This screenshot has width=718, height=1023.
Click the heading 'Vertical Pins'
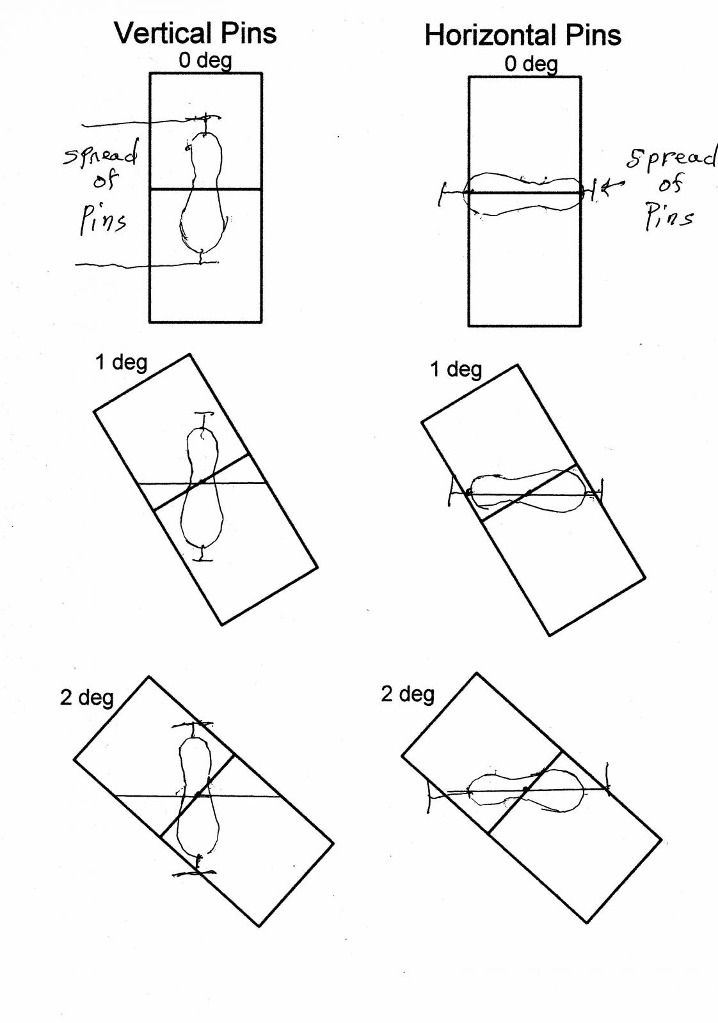point(195,33)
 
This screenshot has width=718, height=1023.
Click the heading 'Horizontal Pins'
point(523,35)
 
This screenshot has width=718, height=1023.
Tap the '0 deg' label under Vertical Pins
point(205,60)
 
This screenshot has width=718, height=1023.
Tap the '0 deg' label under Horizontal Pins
point(531,64)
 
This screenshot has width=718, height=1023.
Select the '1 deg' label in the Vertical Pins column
point(121,363)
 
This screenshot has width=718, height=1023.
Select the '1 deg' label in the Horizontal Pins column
point(456,369)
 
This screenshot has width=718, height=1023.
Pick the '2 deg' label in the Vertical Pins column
point(86,698)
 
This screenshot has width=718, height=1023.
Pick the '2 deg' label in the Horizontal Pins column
point(408,694)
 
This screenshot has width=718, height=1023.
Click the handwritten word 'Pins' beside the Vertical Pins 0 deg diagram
point(103,220)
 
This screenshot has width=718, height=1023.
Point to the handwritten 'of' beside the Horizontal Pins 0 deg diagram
point(671,184)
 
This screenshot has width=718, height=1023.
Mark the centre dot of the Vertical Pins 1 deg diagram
point(200,482)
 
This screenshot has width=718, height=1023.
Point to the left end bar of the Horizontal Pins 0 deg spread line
point(440,194)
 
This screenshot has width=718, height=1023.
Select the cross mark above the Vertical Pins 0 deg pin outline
point(205,118)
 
